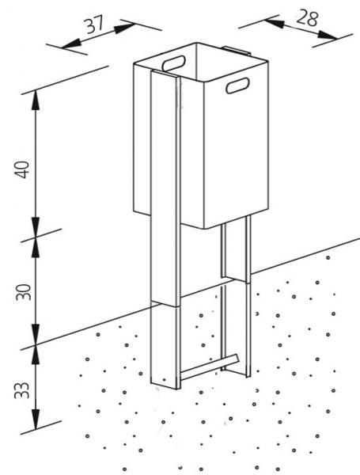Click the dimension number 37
pyautogui.click(x=94, y=25)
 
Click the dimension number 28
pyautogui.click(x=307, y=18)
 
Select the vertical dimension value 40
pyautogui.click(x=23, y=169)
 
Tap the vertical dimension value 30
pyautogui.click(x=23, y=291)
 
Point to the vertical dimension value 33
pyautogui.click(x=23, y=390)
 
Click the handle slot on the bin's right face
pyautogui.click(x=238, y=85)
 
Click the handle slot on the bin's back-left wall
pyautogui.click(x=174, y=63)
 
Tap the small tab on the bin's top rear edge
pyautogui.click(x=236, y=51)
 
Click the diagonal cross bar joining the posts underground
pyautogui.click(x=210, y=367)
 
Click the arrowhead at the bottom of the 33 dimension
pyautogui.click(x=36, y=420)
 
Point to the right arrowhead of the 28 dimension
pyautogui.click(x=328, y=35)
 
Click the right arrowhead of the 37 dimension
pyautogui.click(x=124, y=28)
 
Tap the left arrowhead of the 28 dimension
pyautogui.click(x=275, y=23)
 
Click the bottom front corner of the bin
pyautogui.click(x=204, y=229)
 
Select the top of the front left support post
pyautogui.click(x=165, y=74)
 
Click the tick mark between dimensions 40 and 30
pyautogui.click(x=41, y=235)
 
